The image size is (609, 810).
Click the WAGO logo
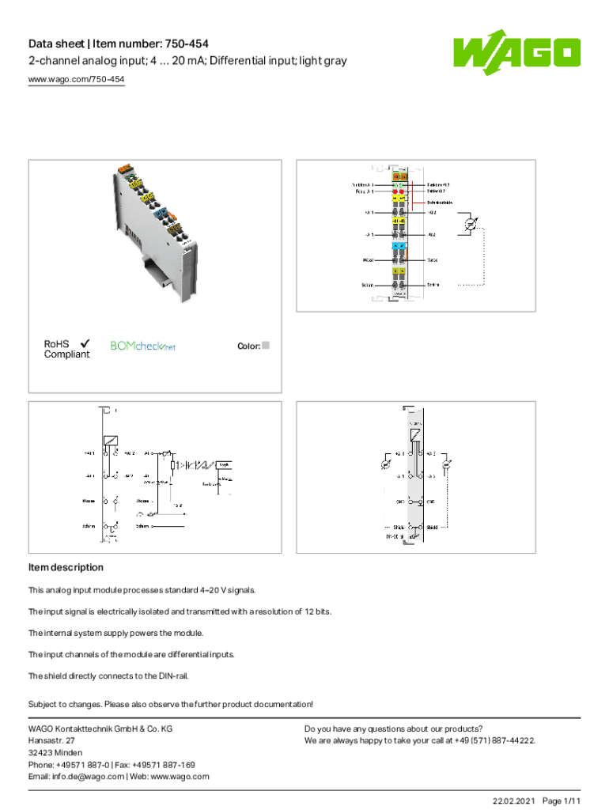point(516,54)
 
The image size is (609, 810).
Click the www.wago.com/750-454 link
point(76,80)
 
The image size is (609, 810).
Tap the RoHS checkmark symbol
point(84,343)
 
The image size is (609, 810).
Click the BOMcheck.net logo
point(142,346)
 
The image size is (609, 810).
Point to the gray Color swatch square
point(266,346)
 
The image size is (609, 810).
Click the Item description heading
point(66,567)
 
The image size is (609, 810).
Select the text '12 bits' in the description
point(314,611)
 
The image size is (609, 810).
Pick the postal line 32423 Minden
point(55,752)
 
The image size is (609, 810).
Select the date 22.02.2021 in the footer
point(513,801)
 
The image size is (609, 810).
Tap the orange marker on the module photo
point(125,168)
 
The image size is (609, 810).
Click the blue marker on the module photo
point(162,212)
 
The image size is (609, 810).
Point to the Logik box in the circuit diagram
point(224,464)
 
